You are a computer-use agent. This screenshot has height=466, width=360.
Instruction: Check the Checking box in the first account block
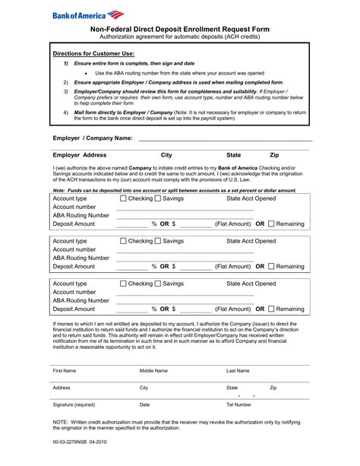point(123,198)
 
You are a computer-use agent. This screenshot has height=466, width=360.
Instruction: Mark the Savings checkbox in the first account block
point(157,198)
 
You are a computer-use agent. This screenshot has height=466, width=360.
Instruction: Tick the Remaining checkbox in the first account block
point(272,224)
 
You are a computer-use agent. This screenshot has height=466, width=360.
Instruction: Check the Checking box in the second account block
point(123,241)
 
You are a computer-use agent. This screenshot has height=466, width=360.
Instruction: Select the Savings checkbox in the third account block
point(157,284)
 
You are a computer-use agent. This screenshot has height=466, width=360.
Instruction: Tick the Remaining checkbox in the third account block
point(272,309)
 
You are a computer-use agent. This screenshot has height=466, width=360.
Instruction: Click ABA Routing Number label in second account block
point(81,258)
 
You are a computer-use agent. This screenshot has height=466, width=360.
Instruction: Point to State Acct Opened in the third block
point(251,284)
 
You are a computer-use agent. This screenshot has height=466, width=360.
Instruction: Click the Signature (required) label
point(74,404)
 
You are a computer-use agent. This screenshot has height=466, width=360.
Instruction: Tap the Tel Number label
point(238,404)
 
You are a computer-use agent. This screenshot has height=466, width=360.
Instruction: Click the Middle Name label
point(153,370)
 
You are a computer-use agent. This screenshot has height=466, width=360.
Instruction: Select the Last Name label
point(242,370)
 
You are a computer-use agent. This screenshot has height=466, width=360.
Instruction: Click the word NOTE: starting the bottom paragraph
point(61,422)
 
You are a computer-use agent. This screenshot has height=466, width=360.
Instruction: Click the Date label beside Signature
point(144,404)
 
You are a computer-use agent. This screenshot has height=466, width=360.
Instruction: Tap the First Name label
point(64,370)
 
